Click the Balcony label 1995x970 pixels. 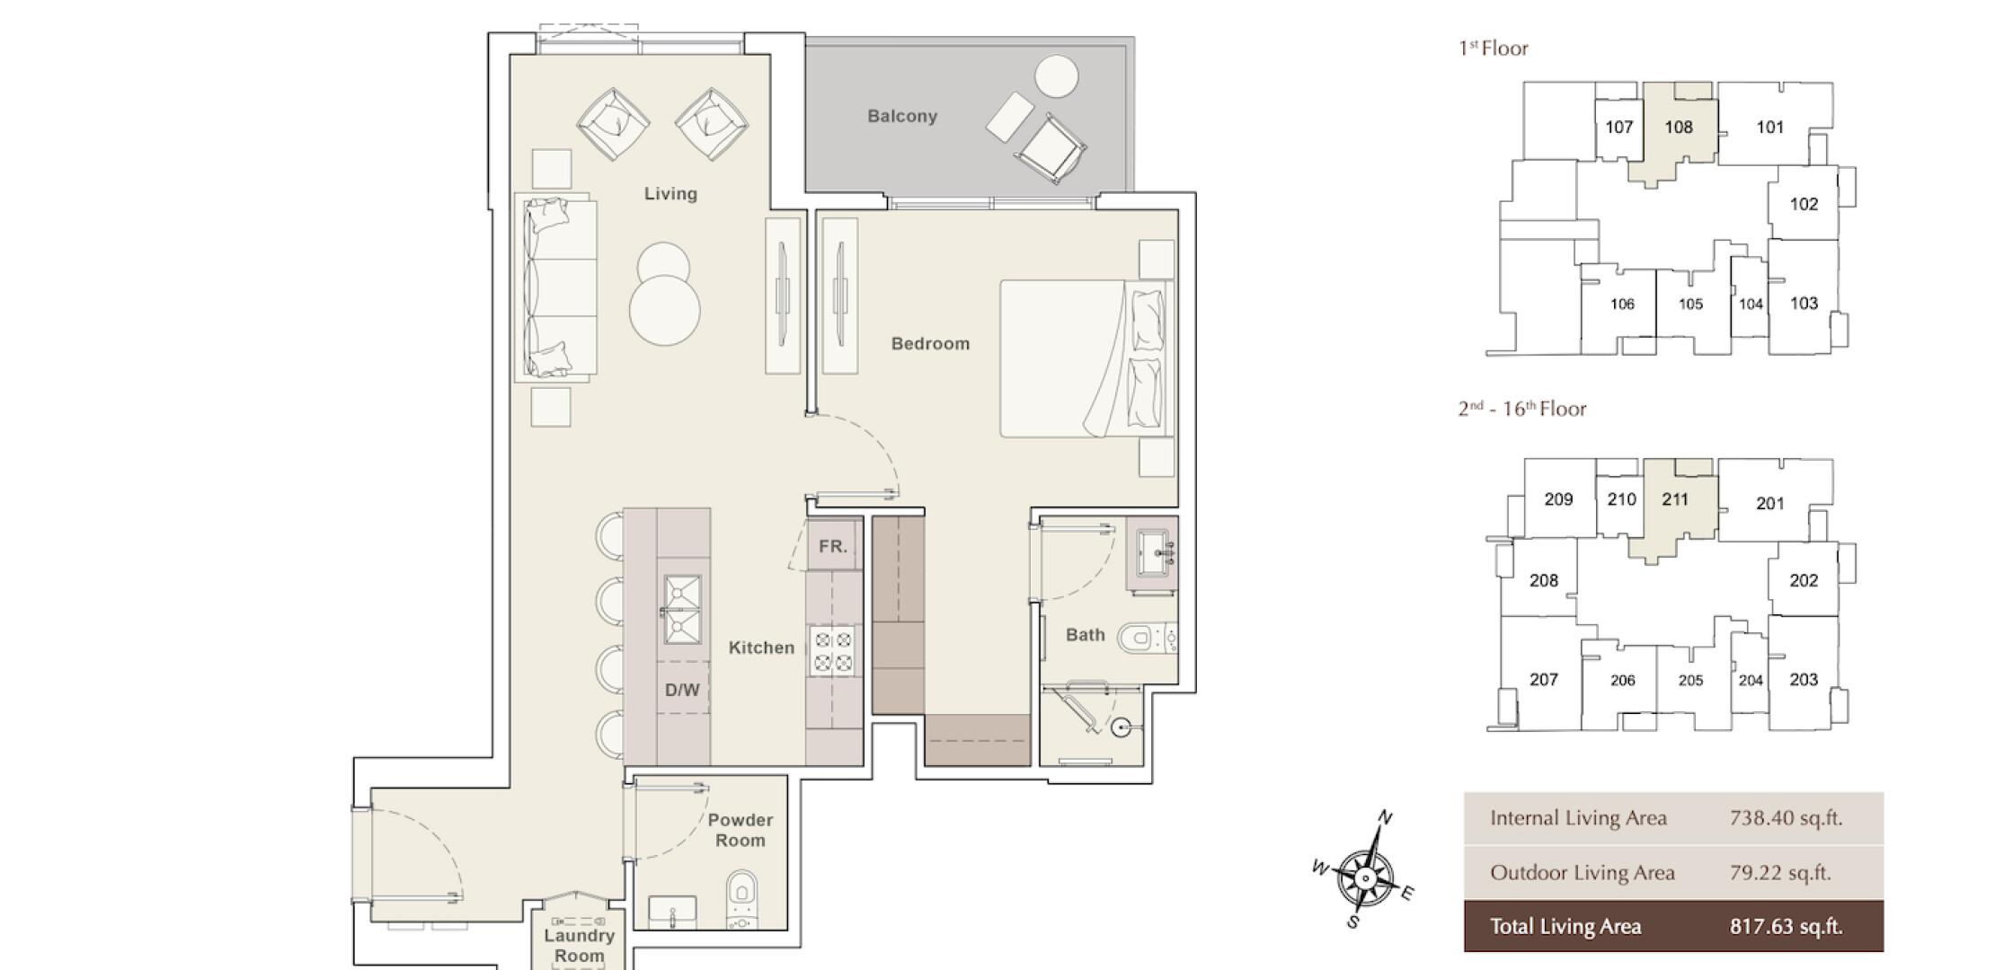coord(902,116)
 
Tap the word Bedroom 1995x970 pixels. coord(930,343)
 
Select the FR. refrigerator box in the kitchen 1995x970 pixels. coord(833,546)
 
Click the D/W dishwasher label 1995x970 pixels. coord(682,690)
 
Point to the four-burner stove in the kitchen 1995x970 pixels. coord(833,652)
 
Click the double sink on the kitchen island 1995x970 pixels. coord(682,610)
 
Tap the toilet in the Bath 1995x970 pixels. coord(1147,639)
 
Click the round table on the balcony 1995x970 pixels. coord(1056,76)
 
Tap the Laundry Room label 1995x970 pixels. coord(579,946)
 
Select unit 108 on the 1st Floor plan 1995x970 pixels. coord(1678,127)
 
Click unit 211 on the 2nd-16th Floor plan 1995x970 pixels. coord(1675,499)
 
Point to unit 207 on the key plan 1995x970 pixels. coord(1544,680)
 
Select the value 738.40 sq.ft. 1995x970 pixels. coord(1786,818)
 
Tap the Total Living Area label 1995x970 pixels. coord(1565,927)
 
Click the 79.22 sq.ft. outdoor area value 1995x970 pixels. coord(1780,872)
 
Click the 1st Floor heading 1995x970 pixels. coord(1493,48)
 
